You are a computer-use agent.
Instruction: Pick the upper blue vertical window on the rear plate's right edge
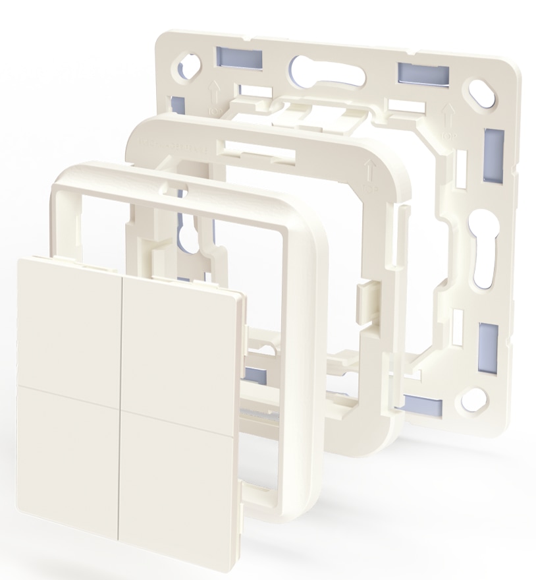point(493,156)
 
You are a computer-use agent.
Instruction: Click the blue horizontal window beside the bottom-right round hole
point(421,404)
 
